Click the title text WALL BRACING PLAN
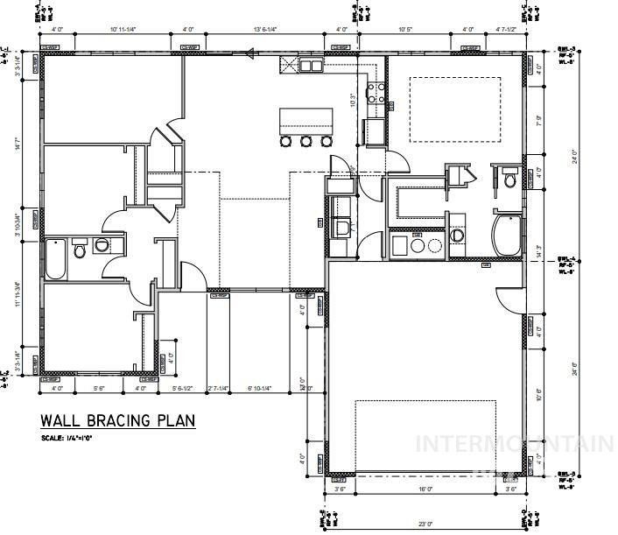coord(117,421)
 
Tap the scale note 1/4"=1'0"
coord(66,438)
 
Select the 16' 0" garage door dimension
coord(425,490)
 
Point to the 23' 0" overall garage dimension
coord(425,524)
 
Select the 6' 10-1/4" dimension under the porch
coord(260,388)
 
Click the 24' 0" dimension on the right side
coord(574,158)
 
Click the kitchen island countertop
coord(306,119)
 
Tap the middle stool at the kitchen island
coord(306,141)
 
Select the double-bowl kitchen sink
coord(310,65)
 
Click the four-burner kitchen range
coord(376,93)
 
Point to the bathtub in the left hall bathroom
coord(54,257)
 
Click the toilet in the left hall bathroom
coord(80,251)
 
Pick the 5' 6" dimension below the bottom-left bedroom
coord(99,388)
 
